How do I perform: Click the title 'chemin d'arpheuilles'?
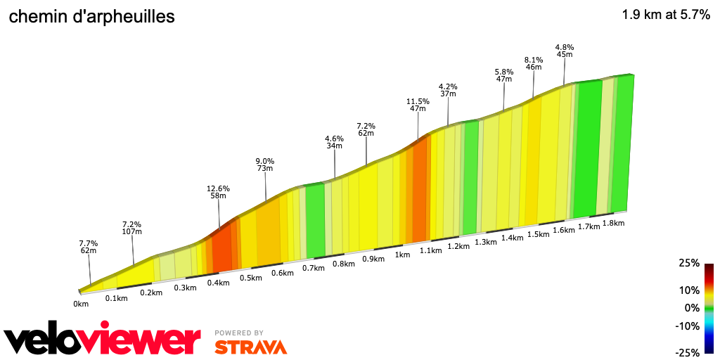coord(91,17)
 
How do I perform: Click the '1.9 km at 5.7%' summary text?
coord(666,15)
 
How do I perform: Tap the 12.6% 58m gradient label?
coord(218,192)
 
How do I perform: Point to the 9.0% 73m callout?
coord(264,165)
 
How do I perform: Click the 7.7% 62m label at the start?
coord(88,246)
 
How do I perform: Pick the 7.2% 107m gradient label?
coord(132,227)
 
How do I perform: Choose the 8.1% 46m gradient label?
coord(534,63)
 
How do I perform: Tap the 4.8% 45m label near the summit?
coord(565,51)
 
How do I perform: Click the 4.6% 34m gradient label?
coord(334,142)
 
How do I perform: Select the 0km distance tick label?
coord(81,304)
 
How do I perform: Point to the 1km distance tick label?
coord(402,255)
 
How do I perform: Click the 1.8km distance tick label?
coord(614,223)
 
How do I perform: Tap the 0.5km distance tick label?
coord(251,278)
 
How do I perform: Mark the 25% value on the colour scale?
coord(690,263)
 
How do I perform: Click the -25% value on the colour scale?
coord(688,352)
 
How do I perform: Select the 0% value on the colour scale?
coord(693,307)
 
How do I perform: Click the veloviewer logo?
coord(102,340)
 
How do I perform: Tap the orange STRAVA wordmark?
coord(250,347)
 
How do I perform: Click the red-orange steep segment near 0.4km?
coord(222,250)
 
